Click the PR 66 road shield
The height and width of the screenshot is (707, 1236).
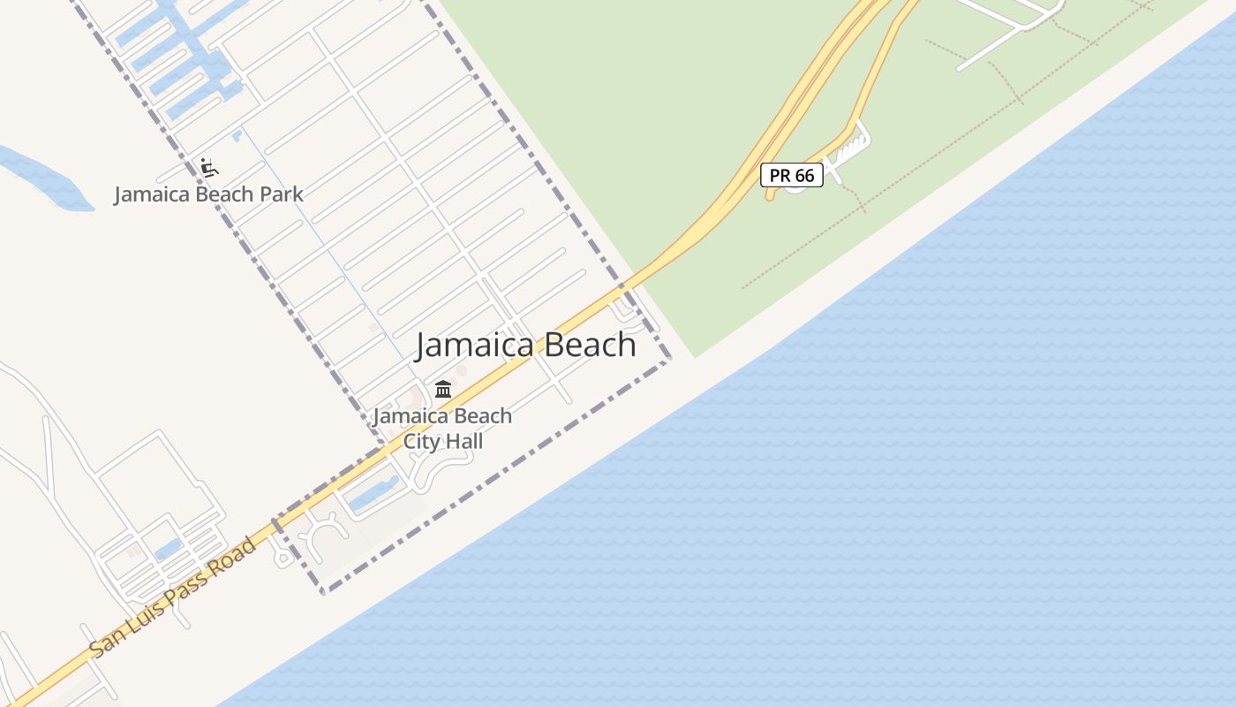pyautogui.click(x=792, y=175)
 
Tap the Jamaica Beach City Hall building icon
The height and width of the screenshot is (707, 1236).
pyautogui.click(x=443, y=389)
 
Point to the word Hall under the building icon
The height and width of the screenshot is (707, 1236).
pyautogui.click(x=464, y=440)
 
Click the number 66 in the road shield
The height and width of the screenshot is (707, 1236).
pyautogui.click(x=803, y=175)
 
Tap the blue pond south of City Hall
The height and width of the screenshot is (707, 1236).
pyautogui.click(x=374, y=496)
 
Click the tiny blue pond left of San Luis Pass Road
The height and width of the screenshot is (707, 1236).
pyautogui.click(x=168, y=549)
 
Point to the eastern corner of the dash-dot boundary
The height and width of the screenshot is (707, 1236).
pyautogui.click(x=670, y=359)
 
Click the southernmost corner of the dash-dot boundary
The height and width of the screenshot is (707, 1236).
pyautogui.click(x=323, y=591)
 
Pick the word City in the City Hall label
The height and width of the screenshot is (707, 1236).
pyautogui.click(x=421, y=440)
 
